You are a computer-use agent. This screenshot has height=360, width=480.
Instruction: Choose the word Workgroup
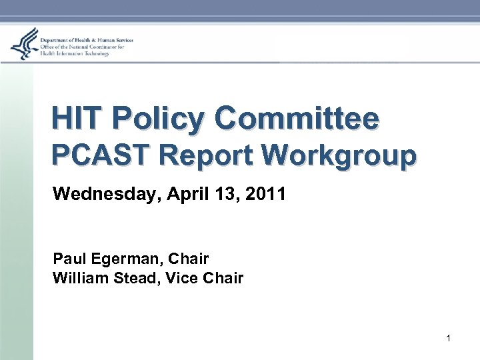coord(339,155)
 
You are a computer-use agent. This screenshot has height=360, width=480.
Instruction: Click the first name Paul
coord(67,258)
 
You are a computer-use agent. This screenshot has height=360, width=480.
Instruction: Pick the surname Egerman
coord(121,258)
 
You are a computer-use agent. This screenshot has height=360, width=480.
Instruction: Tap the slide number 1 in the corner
coord(448,339)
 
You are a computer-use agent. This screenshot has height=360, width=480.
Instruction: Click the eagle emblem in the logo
coord(24,44)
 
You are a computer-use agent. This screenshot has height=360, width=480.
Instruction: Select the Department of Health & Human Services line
coord(87,41)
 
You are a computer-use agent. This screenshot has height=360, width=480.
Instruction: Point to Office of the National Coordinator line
coord(83,47)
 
